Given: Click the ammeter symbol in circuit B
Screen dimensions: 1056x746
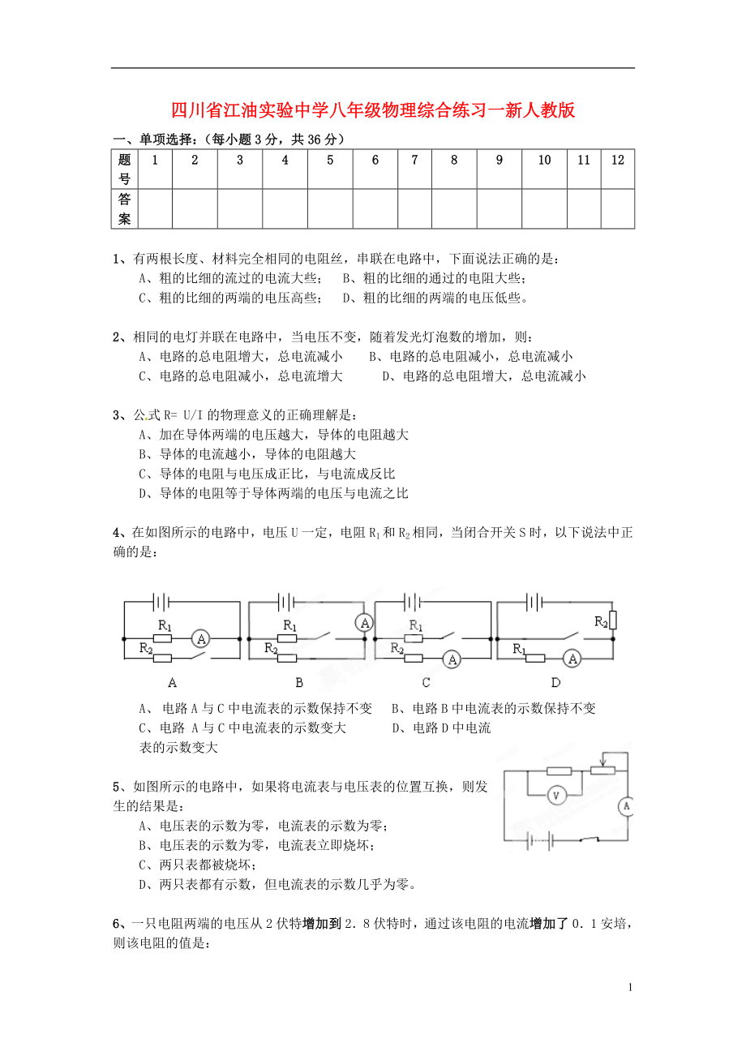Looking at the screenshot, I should tap(365, 623).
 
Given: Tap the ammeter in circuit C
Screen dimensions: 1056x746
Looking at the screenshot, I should tap(452, 660).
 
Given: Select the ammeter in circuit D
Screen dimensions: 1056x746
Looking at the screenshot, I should tap(572, 659).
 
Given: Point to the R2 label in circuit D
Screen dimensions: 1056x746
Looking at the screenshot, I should tap(601, 622).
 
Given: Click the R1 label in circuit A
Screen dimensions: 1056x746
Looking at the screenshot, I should tap(165, 625).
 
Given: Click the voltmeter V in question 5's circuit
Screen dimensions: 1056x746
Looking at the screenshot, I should tap(556, 796).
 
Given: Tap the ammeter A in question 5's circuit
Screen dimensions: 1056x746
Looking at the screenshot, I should tap(626, 806).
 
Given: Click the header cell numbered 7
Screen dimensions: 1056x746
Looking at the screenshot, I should tap(414, 161).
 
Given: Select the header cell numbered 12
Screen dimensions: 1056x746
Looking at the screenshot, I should tap(617, 161).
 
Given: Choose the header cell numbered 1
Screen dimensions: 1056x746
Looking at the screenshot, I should tap(153, 161).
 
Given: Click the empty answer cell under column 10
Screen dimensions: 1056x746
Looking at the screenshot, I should tap(544, 208).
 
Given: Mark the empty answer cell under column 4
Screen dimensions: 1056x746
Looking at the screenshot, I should tap(285, 208).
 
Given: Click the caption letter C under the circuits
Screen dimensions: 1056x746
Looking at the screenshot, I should tap(426, 682).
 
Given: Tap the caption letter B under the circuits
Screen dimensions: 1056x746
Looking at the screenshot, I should tap(298, 682).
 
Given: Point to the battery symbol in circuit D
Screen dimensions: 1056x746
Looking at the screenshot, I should tap(534, 602).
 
